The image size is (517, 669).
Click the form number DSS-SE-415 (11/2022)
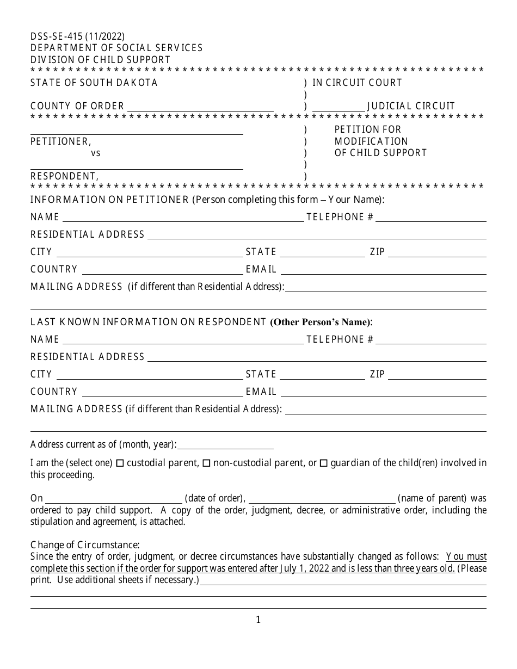(x=77, y=36)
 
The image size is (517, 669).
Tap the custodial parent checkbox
(x=120, y=463)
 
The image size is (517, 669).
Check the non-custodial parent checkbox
(x=206, y=463)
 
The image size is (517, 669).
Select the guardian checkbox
(x=323, y=463)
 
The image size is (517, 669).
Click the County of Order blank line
(x=200, y=107)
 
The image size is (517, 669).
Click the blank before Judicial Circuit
(x=338, y=107)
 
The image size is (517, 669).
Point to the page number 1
(x=258, y=620)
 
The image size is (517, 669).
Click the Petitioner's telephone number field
(x=430, y=217)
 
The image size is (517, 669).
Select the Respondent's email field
(x=383, y=392)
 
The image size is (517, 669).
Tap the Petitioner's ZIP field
(x=437, y=252)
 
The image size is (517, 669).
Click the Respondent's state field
(x=322, y=374)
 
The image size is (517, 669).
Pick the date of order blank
(x=114, y=498)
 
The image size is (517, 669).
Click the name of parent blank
(x=322, y=498)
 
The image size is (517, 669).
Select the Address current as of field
(x=225, y=444)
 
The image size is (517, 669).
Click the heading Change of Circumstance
(x=85, y=545)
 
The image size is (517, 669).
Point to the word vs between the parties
(x=96, y=153)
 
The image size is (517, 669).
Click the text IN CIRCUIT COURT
(x=357, y=83)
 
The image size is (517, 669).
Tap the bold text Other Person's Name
(x=321, y=322)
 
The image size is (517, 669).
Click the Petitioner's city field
(x=150, y=252)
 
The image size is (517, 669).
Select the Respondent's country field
(x=162, y=392)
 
